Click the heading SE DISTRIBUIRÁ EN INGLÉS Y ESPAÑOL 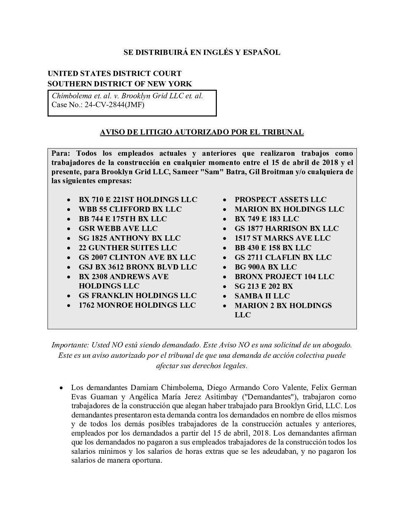click(x=202, y=53)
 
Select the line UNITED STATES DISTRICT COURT click(x=114, y=73)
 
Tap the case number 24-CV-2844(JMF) click(x=114, y=105)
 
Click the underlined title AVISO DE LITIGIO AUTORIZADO click(x=202, y=132)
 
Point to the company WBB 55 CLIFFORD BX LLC click(x=130, y=209)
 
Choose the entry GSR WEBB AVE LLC click(x=118, y=228)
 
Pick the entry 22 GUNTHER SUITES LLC click(x=128, y=248)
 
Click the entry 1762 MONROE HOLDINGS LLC click(x=137, y=305)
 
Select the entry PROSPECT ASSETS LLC click(x=280, y=199)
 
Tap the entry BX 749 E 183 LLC click(x=267, y=219)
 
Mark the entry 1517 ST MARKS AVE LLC click(x=282, y=238)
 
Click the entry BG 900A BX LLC click(x=265, y=267)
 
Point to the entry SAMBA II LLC click(x=262, y=296)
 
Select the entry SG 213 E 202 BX click(x=264, y=286)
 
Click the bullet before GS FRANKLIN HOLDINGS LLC click(x=69, y=296)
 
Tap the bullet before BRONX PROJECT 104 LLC click(x=225, y=277)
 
